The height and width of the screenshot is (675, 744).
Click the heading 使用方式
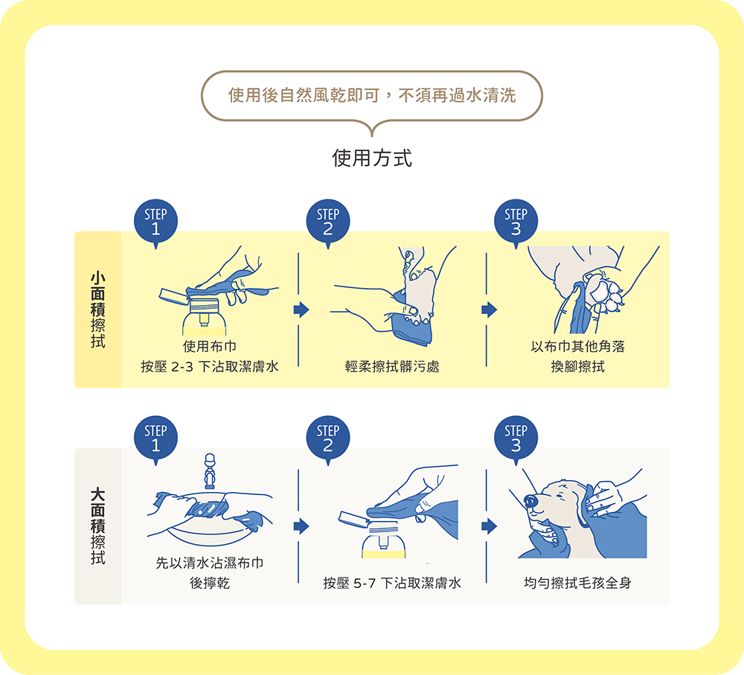click(x=371, y=159)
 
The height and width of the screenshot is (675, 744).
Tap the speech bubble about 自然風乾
click(x=371, y=96)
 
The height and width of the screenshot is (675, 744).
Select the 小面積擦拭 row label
click(x=97, y=309)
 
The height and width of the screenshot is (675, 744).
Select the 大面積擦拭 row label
click(x=97, y=525)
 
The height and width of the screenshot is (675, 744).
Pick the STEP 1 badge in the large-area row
click(x=155, y=438)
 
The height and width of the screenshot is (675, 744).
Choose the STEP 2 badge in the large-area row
click(x=327, y=438)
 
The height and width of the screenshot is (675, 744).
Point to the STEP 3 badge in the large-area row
click(x=516, y=438)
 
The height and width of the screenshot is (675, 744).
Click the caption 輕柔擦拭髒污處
click(x=392, y=366)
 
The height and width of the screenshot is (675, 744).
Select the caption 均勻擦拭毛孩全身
click(x=577, y=583)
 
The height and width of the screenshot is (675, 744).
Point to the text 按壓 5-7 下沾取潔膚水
click(x=392, y=583)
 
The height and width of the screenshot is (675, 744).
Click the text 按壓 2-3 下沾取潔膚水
click(x=210, y=366)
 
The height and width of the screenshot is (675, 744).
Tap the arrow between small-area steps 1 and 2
click(x=301, y=310)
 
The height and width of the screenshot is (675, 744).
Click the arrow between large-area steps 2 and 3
click(x=489, y=526)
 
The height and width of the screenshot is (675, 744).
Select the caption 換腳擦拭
click(x=577, y=366)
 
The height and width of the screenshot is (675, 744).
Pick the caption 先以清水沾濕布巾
click(x=210, y=563)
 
